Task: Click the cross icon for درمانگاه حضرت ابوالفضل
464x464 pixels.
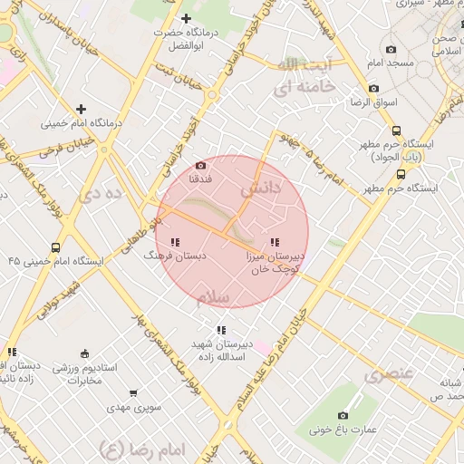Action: [x=187, y=18]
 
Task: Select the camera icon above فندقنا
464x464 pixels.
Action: [x=200, y=166]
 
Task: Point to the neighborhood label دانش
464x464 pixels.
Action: [x=261, y=190]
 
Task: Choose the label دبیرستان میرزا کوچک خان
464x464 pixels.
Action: [x=275, y=263]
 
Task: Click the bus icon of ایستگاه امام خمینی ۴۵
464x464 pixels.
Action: [x=56, y=247]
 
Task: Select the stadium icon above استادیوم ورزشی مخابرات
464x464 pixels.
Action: [x=85, y=353]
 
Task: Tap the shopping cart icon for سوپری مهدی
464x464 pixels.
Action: [x=134, y=393]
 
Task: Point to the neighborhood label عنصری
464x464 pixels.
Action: [x=388, y=373]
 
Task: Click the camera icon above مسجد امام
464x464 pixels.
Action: [x=391, y=49]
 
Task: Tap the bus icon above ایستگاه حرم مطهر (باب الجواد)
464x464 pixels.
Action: [x=400, y=130]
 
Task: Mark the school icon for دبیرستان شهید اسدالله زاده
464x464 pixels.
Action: [x=220, y=330]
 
